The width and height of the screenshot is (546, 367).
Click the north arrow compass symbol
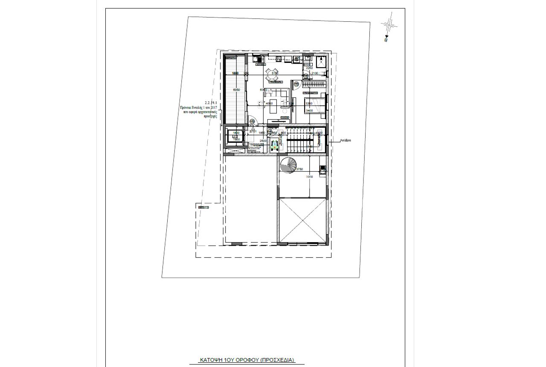389,25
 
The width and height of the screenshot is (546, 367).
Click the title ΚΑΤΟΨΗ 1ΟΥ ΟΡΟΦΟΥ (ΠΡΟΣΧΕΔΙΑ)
247,360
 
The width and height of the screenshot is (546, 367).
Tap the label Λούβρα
346,140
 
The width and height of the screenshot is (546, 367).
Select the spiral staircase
289,165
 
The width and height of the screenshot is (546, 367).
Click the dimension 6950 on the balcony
236,90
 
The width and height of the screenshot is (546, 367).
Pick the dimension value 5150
275,73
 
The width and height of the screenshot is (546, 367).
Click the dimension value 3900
309,176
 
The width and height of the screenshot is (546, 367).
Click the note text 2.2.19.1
211,103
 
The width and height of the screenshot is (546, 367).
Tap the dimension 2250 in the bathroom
309,68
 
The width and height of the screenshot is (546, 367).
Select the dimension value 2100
315,73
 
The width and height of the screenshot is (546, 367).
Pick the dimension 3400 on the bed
309,111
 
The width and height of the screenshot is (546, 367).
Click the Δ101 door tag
253,132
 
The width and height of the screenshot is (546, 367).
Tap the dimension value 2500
263,141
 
